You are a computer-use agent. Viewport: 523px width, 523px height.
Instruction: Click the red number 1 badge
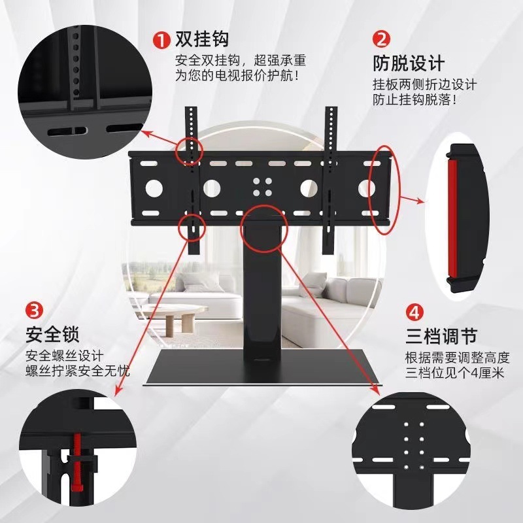[x=161, y=39]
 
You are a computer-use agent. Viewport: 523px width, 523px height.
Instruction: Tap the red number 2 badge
[x=382, y=39]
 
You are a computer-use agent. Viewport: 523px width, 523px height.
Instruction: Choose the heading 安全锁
[x=52, y=335]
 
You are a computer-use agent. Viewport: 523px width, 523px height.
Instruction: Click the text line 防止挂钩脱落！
[x=414, y=100]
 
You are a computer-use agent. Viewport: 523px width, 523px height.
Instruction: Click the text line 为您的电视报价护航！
[x=239, y=76]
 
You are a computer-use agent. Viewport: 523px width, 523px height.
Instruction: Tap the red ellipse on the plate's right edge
[x=384, y=190]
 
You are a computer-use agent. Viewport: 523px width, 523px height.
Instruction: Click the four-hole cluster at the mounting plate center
[x=262, y=187]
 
